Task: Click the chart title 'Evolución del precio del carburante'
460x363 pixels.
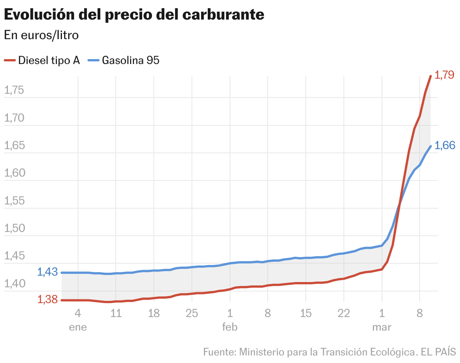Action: click(x=134, y=15)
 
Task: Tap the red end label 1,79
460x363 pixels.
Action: click(x=445, y=75)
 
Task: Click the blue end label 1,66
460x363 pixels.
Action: click(x=445, y=145)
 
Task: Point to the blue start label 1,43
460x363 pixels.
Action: click(x=48, y=271)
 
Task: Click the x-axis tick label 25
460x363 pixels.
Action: click(x=192, y=313)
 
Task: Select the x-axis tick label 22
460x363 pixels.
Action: click(x=343, y=313)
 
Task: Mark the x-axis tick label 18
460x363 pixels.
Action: click(x=154, y=313)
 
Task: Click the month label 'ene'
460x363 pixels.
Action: click(x=78, y=327)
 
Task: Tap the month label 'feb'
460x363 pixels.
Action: click(x=230, y=327)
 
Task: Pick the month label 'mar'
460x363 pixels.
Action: click(x=382, y=327)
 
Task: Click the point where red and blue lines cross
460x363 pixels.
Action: click(x=399, y=204)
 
